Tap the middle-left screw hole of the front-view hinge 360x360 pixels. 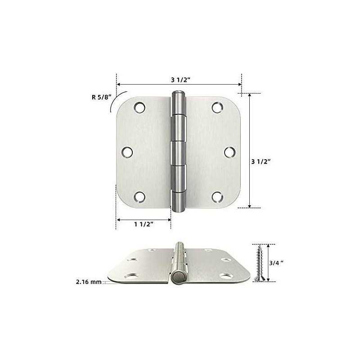(x=128, y=152)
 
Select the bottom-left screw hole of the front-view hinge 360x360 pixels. (x=139, y=197)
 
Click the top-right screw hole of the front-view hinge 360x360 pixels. (x=217, y=107)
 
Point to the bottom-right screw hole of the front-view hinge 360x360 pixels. (x=217, y=197)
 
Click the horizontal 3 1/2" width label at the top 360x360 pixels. (x=179, y=80)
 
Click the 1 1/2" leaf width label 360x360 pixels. (x=144, y=224)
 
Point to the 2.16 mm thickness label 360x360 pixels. (x=87, y=282)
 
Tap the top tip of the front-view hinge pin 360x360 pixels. (x=178, y=93)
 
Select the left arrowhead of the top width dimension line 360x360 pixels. (x=119, y=84)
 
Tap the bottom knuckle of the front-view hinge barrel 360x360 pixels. (x=178, y=201)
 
